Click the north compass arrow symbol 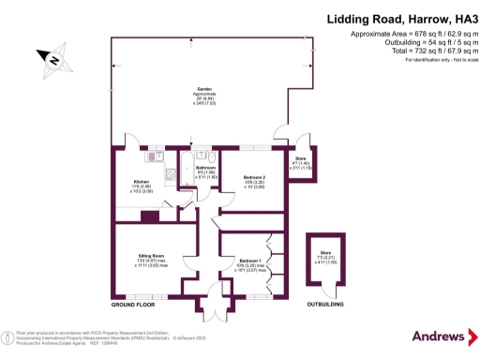tap(54, 62)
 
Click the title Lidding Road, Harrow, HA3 tap(398, 19)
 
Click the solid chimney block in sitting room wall tap(149, 216)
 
